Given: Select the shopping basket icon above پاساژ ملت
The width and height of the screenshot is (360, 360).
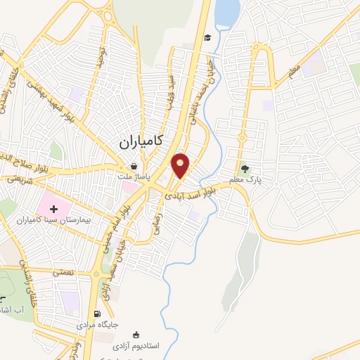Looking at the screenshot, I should [x=133, y=167].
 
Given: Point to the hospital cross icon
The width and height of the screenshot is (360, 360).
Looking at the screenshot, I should [x=54, y=209].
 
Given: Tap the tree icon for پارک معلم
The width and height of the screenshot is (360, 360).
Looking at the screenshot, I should [x=245, y=168].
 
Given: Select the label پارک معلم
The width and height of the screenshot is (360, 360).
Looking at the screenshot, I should [x=247, y=180].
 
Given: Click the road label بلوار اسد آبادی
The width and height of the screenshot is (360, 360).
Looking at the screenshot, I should [x=200, y=189].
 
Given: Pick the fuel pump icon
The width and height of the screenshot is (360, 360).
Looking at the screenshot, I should [x=98, y=314].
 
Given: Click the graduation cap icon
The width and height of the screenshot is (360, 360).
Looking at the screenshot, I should [x=207, y=38].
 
